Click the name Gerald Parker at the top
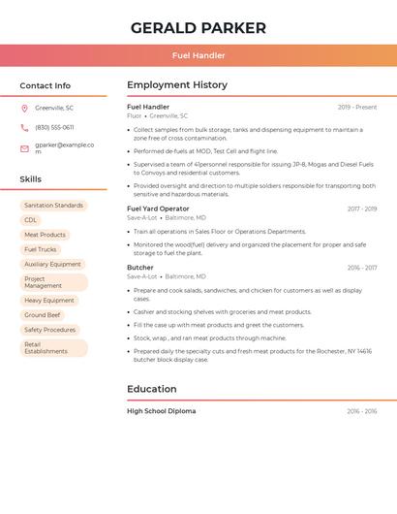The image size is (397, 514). coord(198,28)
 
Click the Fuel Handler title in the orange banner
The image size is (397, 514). coord(198,55)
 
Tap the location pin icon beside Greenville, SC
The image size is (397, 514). coord(24,108)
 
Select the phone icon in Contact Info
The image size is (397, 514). coord(24,127)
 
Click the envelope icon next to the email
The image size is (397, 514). coord(24,148)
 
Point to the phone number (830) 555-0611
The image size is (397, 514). coord(54,127)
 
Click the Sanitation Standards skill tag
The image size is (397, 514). coord(53,206)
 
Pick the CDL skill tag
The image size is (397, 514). coord(31,220)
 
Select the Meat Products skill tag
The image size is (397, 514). coord(45,235)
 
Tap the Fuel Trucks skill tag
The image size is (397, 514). coord(41,249)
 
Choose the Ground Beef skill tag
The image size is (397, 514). coord(42,315)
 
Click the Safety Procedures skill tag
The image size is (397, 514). coord(49,330)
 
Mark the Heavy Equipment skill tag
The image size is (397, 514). coord(48,301)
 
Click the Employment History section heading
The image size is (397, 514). coord(176,85)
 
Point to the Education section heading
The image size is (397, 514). coord(151,389)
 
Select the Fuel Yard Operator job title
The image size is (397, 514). coord(158,209)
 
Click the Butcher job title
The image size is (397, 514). coord(139,268)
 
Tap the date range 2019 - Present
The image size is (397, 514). coord(357,107)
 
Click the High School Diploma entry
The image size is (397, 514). coord(161,411)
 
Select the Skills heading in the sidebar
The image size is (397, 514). coord(30,179)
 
